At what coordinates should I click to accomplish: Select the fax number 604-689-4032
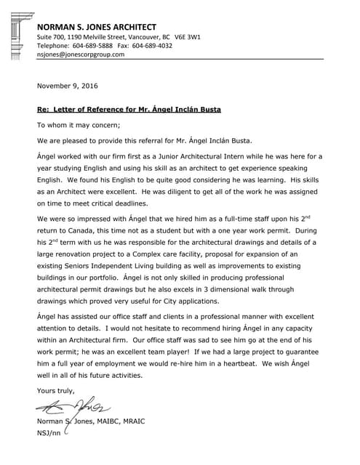pyautogui.click(x=152, y=45)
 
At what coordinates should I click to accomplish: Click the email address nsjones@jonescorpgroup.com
pyautogui.click(x=81, y=54)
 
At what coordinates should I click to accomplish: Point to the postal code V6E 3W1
pyautogui.click(x=185, y=36)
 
